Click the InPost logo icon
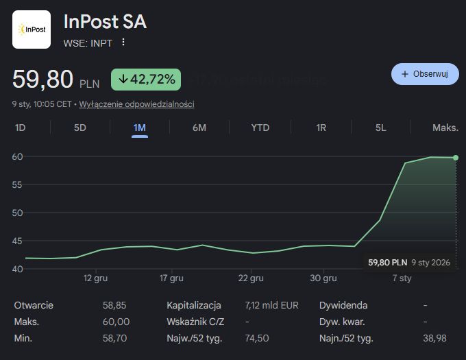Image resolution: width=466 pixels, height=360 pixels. point(32,29)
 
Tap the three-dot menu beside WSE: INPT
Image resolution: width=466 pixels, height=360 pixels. point(123,43)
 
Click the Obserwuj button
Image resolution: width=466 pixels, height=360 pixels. point(425,74)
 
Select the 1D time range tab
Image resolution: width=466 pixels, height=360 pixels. point(21,128)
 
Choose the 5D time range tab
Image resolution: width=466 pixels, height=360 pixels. point(80,128)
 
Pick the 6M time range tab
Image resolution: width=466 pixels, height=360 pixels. point(199,128)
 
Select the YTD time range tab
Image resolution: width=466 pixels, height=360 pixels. point(260,128)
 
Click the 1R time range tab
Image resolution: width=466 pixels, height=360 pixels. point(321,128)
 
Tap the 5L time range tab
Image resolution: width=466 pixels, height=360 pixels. point(381,128)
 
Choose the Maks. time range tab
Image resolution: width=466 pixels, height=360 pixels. point(445,128)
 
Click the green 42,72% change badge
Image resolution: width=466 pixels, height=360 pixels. point(146,80)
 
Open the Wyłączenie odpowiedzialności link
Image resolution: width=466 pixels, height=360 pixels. point(137,104)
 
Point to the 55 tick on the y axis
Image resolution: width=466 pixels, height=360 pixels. point(18,184)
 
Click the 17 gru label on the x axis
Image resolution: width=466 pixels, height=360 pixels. point(171,278)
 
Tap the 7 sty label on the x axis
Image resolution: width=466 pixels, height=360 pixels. point(402,278)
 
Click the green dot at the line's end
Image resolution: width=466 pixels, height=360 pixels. point(456,158)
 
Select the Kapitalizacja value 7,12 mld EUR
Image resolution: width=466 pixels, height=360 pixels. point(271,305)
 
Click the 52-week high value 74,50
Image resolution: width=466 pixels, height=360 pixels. point(256,338)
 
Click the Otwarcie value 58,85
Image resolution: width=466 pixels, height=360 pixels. point(114,305)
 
